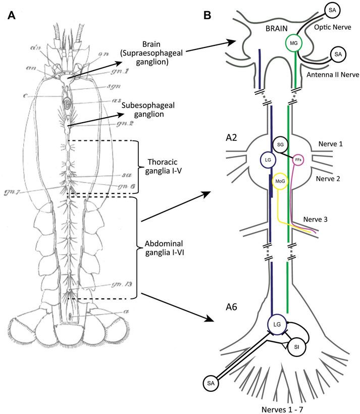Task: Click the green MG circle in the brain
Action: [x=292, y=44]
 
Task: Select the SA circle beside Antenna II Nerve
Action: [x=338, y=54]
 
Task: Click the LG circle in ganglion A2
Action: [x=269, y=161]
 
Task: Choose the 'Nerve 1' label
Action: [x=331, y=144]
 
